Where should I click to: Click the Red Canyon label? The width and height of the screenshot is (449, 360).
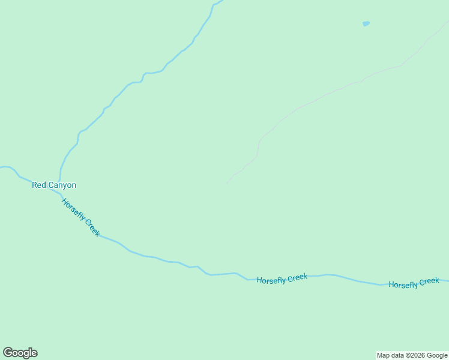point(54,185)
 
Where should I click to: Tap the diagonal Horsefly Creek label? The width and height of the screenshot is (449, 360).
point(81,217)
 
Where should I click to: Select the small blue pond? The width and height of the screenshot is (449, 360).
point(366,24)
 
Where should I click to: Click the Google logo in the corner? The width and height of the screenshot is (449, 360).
point(20,353)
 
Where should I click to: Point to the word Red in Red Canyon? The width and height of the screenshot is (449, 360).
point(39,185)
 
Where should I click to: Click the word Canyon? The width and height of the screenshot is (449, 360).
point(62,185)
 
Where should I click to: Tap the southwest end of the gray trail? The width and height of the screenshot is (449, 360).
point(227,184)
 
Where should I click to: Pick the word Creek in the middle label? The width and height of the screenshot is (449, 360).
point(297,278)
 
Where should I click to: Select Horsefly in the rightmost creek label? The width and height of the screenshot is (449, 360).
point(403,284)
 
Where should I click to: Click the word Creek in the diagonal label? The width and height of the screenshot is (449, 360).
point(92,227)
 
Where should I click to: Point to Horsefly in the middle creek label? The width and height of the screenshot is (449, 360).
point(271,280)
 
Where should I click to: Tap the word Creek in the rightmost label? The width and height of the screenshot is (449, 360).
point(429,281)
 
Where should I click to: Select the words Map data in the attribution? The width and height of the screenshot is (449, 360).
point(390,355)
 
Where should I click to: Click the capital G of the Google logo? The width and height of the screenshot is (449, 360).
point(8,353)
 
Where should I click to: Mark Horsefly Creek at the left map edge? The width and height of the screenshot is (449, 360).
point(2,167)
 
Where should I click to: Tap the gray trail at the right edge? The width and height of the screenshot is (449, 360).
point(446,23)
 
